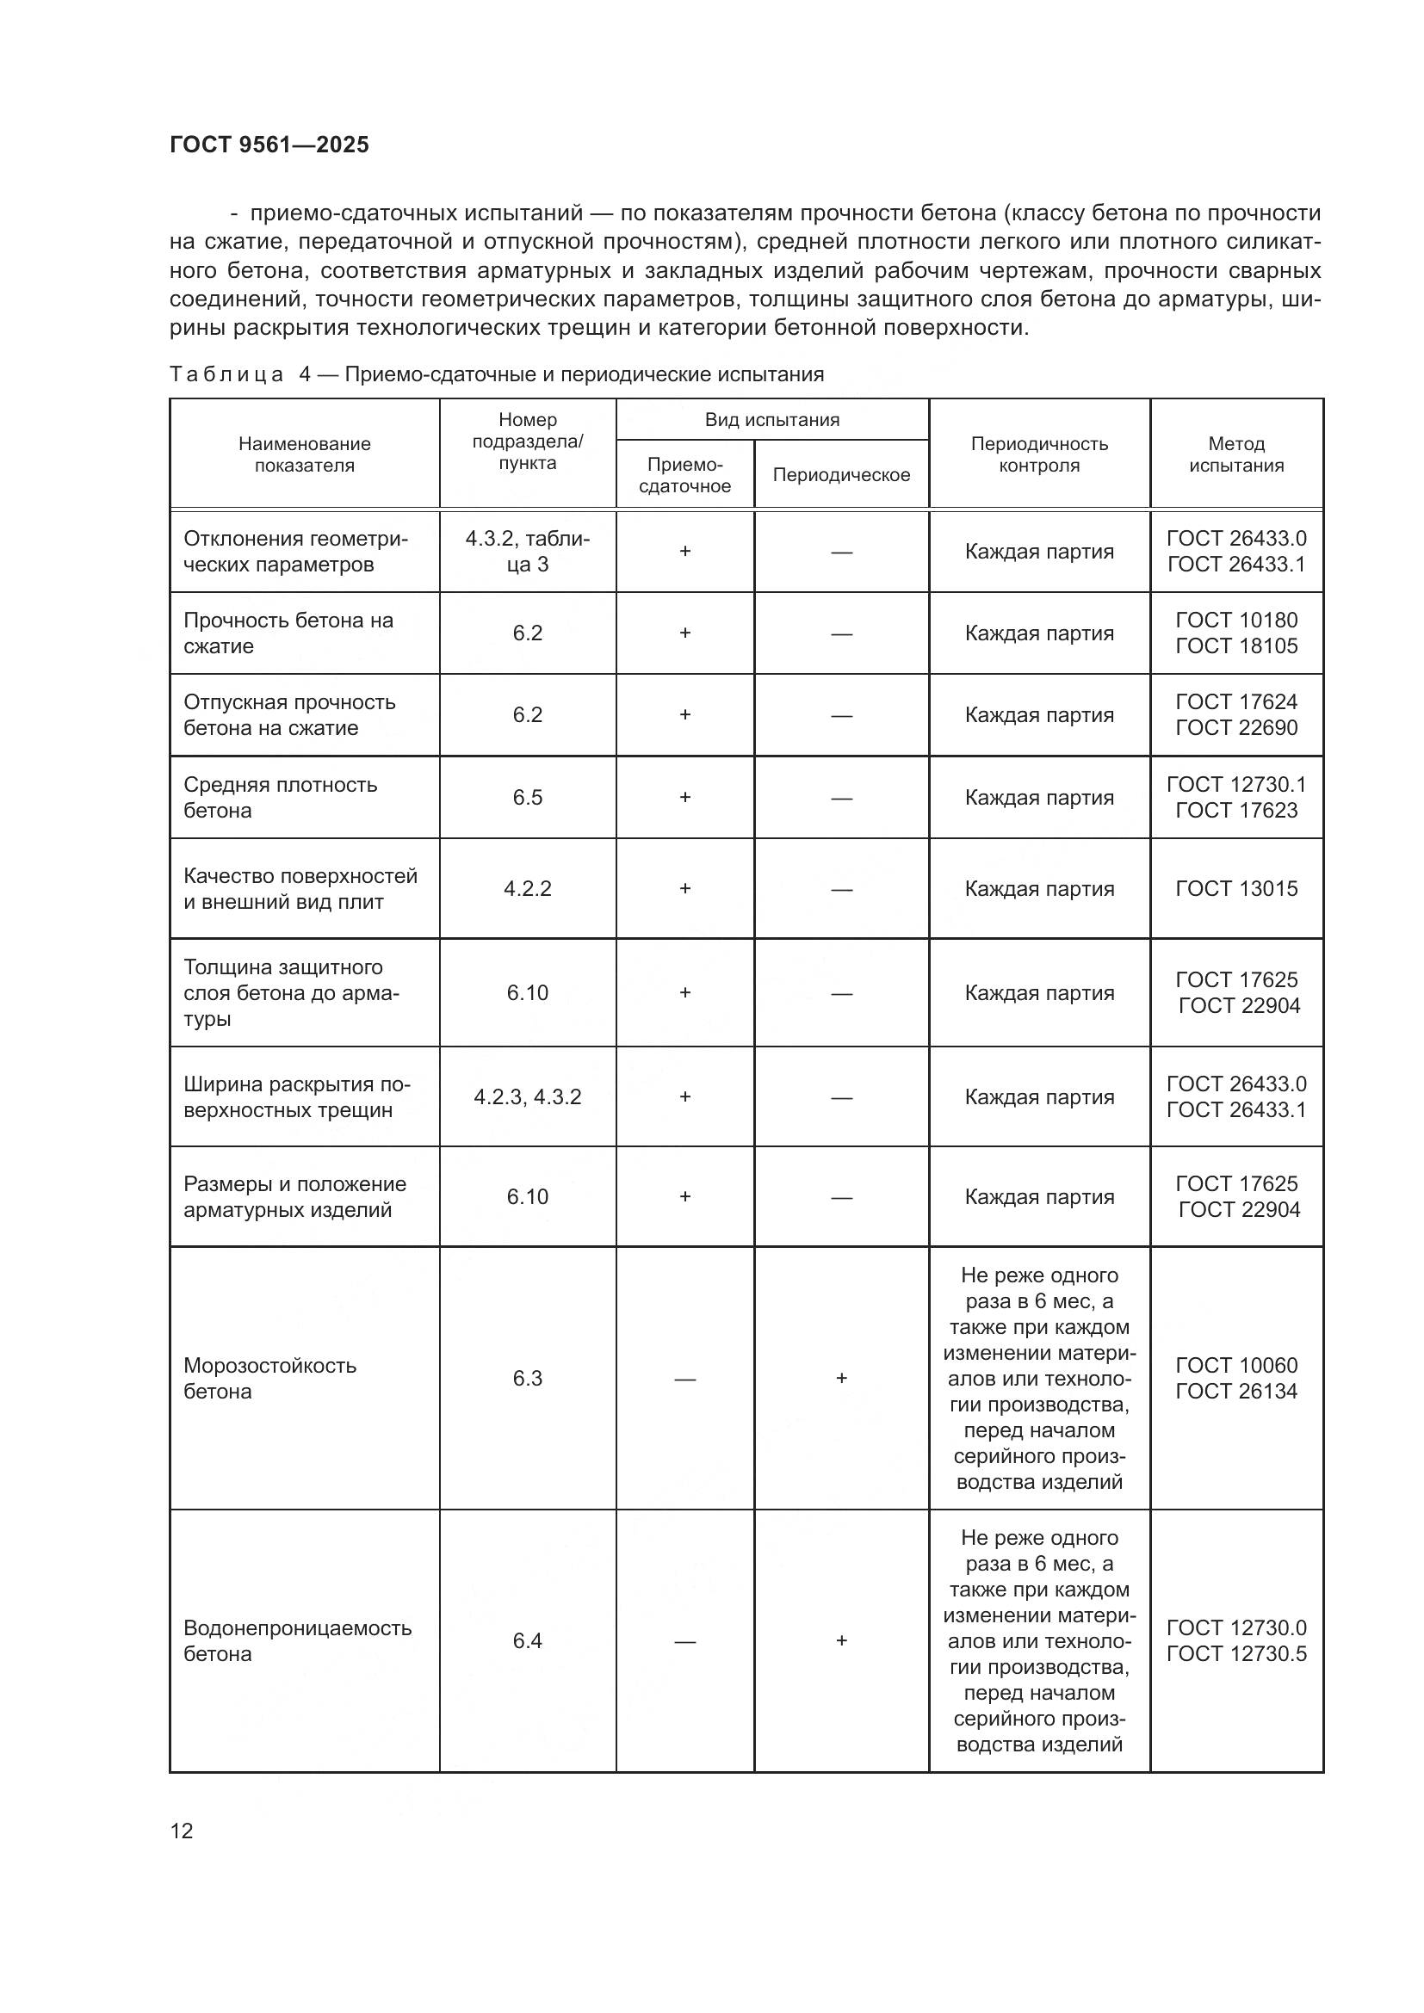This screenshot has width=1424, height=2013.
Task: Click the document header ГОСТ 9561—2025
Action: [x=269, y=145]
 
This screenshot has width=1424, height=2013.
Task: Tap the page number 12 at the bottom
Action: [x=182, y=1831]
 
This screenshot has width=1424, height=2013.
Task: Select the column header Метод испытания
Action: [x=1235, y=454]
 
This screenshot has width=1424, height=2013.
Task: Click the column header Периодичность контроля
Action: [x=1038, y=454]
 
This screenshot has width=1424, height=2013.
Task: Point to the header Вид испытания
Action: [x=771, y=420]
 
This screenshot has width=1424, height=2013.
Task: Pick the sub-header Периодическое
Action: [x=841, y=474]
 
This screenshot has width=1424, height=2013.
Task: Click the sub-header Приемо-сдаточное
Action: [x=684, y=474]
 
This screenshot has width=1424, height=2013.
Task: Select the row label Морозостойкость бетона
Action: [x=270, y=1378]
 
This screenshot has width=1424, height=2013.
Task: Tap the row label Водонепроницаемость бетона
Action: [x=297, y=1640]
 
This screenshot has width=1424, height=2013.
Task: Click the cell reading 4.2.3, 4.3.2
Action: [x=527, y=1096]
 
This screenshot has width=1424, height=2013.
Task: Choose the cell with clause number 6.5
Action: [x=527, y=797]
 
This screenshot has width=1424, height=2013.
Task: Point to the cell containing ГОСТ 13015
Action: [x=1235, y=888]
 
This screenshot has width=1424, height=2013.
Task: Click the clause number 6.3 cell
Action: [x=527, y=1378]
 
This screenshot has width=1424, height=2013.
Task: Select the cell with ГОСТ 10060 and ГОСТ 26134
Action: [x=1235, y=1378]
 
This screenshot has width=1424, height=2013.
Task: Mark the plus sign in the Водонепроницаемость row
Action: [x=841, y=1640]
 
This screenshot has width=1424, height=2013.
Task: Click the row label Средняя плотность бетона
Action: [x=280, y=797]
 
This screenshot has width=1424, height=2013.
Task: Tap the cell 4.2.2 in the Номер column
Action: [x=527, y=888]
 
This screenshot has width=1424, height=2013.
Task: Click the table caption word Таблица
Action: [x=226, y=374]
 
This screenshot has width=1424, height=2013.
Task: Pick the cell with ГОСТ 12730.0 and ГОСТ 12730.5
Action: [x=1235, y=1640]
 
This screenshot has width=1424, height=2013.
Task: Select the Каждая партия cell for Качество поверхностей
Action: [x=1038, y=888]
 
